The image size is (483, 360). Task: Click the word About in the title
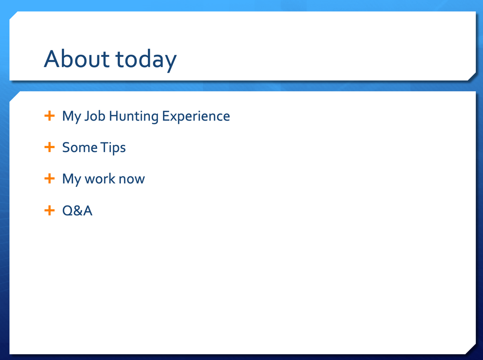tap(77, 59)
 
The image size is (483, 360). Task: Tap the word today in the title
tap(146, 61)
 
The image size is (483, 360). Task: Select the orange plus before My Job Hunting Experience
tap(50, 116)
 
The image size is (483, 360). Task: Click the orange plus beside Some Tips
tap(50, 147)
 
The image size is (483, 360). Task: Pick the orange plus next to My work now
tap(50, 178)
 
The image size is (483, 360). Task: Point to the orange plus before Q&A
tap(50, 211)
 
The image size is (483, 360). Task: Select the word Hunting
tap(134, 117)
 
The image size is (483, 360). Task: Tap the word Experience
tap(196, 117)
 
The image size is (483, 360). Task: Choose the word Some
tap(80, 147)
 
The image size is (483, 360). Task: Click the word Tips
tap(113, 148)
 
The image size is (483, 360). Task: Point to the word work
tap(100, 178)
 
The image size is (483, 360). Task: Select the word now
tap(132, 180)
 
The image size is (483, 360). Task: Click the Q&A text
tap(77, 211)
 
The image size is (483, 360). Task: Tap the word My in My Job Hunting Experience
tap(72, 117)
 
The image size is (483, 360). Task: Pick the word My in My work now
tap(72, 180)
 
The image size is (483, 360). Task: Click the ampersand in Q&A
tap(78, 211)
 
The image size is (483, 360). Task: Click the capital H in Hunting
tap(114, 116)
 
